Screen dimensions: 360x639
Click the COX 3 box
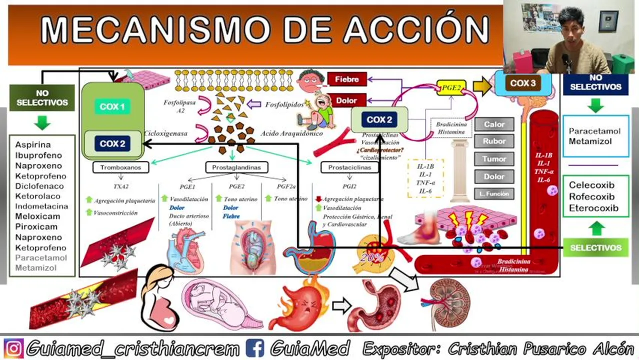[523, 83]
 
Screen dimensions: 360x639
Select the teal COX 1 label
[112, 106]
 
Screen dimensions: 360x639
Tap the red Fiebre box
[346, 79]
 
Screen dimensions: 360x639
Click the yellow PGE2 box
[451, 87]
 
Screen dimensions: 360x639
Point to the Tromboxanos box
[120, 167]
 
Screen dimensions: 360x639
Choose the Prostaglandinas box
[236, 167]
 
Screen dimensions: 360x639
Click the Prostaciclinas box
[349, 167]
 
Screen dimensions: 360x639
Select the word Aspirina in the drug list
[32, 144]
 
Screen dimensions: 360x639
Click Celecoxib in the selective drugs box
[591, 185]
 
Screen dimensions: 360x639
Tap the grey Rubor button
[494, 141]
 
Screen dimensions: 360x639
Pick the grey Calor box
[494, 124]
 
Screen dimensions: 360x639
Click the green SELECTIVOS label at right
[595, 247]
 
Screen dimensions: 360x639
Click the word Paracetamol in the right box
[594, 131]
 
